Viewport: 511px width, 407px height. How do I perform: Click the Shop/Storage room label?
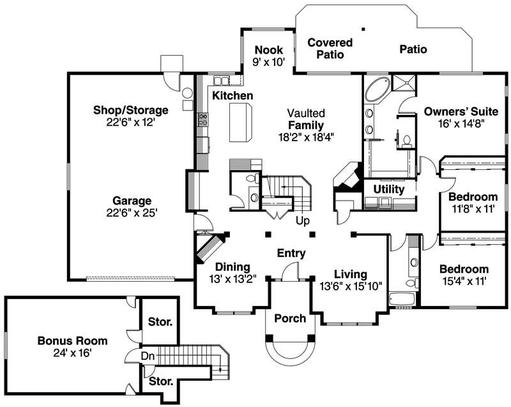130,110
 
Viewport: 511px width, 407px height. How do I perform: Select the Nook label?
264,50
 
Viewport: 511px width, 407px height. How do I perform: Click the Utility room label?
388,190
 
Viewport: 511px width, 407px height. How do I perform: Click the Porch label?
290,318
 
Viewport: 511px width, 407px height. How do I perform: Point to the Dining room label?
232,266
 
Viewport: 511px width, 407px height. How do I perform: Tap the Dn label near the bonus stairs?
148,355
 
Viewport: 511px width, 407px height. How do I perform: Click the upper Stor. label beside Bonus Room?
159,321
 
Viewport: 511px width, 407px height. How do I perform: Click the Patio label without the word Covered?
413,49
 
